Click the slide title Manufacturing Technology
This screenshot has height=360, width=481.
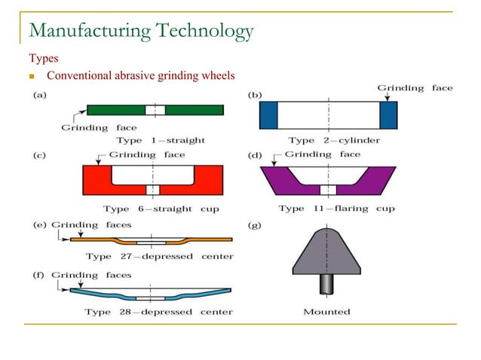(140, 31)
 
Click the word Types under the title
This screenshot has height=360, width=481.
(44, 58)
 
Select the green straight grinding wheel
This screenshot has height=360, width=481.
(121, 110)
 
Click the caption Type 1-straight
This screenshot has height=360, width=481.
(160, 140)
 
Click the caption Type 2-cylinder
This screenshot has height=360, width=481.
(334, 140)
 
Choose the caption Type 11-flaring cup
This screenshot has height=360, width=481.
(336, 209)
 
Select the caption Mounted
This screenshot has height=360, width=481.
(326, 312)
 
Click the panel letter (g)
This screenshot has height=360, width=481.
(256, 225)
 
